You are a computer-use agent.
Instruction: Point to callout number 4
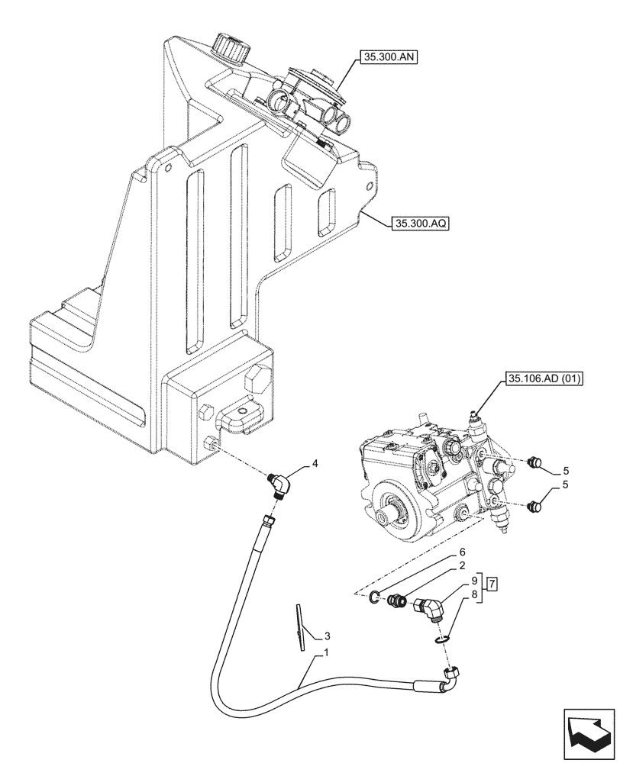(314, 463)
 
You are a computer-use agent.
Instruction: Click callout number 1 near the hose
(327, 653)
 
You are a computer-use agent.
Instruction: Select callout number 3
(327, 635)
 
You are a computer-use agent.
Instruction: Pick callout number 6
(462, 552)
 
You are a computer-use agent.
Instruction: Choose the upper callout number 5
(566, 470)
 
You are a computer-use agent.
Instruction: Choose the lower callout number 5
(566, 485)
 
